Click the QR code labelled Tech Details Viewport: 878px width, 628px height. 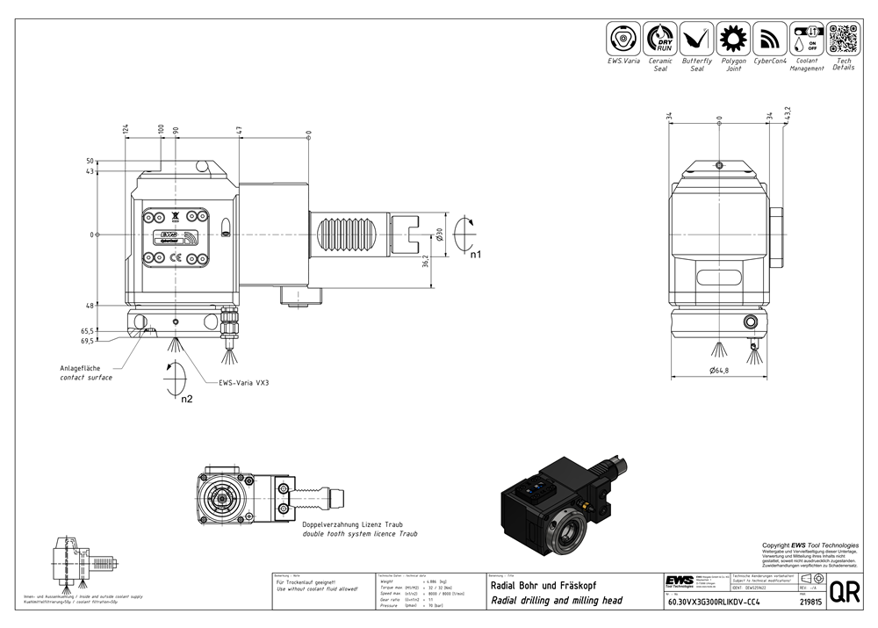click(843, 40)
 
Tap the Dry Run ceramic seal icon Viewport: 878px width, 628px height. click(660, 40)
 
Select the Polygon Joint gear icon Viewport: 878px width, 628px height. click(733, 40)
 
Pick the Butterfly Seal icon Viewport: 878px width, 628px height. click(696, 40)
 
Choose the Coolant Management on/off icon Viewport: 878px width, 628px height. click(806, 40)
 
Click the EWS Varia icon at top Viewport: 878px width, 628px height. click(623, 40)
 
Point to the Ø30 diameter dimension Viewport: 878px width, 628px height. click(438, 235)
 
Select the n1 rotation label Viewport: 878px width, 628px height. click(476, 255)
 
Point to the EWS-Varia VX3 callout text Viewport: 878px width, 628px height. click(244, 383)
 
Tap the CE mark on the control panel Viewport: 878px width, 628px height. click(176, 258)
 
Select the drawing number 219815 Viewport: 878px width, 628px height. click(811, 603)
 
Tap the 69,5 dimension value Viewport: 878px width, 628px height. click(87, 340)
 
